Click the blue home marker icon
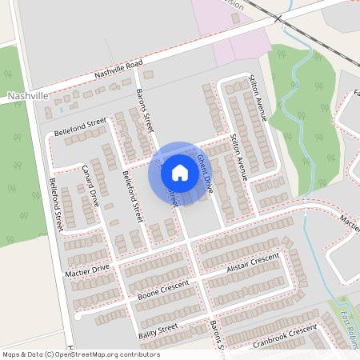pos(180,173)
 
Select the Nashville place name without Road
pos(27,95)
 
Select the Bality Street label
pos(156,330)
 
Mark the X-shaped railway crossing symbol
pos(278,17)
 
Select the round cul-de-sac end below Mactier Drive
pos(78,316)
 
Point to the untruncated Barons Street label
pos(144,110)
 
